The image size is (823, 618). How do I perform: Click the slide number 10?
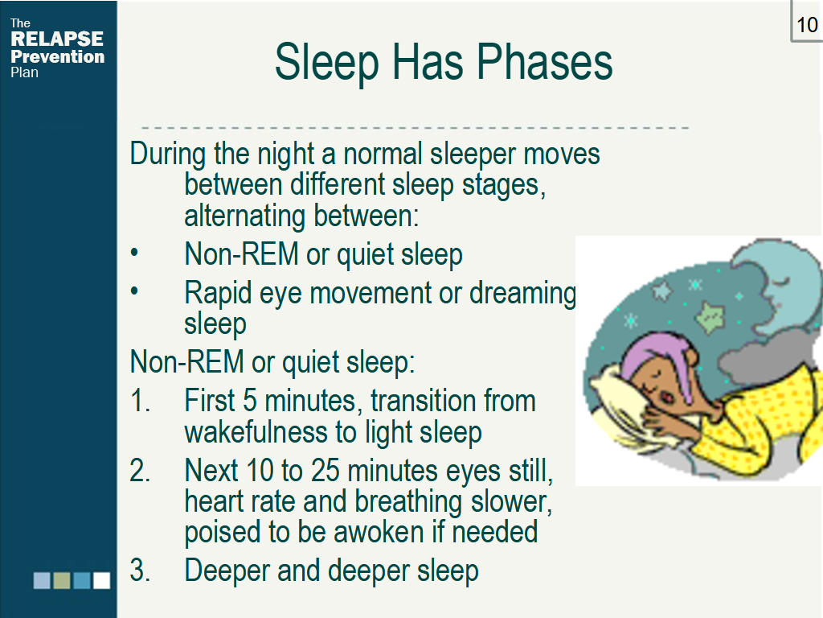(807, 25)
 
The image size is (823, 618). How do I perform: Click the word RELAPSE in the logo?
(57, 39)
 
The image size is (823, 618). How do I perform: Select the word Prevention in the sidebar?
(58, 56)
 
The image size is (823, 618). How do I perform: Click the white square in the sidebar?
(101, 581)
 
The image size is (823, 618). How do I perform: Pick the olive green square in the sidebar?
(62, 581)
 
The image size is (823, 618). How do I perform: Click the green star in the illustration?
(710, 317)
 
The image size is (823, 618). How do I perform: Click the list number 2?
(140, 470)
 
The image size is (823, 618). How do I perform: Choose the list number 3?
(140, 571)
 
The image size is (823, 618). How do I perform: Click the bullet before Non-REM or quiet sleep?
(134, 253)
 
